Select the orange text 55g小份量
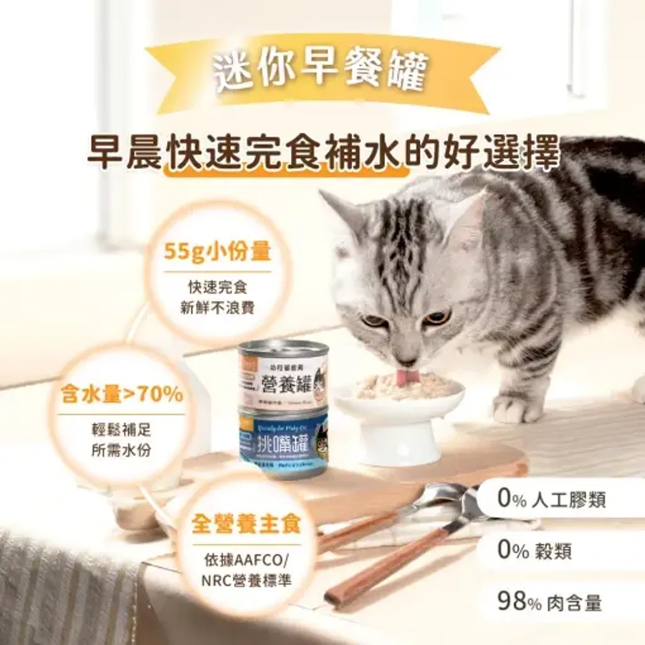pyautogui.click(x=217, y=253)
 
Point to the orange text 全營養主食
pyautogui.click(x=246, y=524)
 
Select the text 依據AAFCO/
pyautogui.click(x=247, y=560)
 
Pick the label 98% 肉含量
pyautogui.click(x=549, y=602)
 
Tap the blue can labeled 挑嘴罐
pyautogui.click(x=283, y=442)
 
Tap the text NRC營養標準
pyautogui.click(x=247, y=580)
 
